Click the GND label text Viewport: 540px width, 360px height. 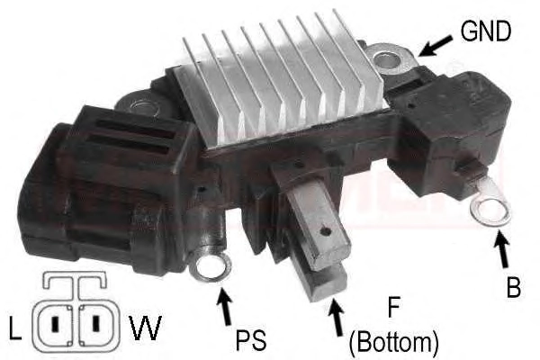point(486,31)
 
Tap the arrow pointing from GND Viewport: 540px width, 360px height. point(436,46)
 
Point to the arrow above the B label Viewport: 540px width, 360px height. point(502,248)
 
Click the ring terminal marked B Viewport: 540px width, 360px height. point(490,210)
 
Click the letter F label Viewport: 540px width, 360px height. point(393,308)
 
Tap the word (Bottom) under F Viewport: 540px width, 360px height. point(394,343)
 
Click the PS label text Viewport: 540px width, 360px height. point(251,340)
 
